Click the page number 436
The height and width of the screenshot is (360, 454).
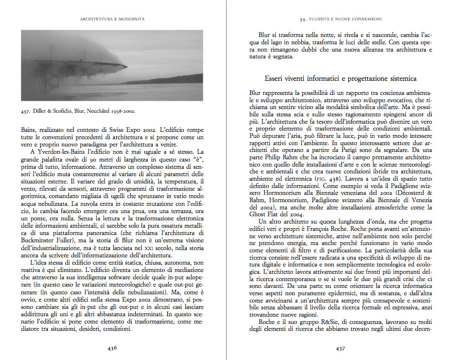pos(112,348)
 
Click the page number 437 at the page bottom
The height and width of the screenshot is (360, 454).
pos(340,348)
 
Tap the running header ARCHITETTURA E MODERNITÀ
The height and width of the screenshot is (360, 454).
pos(112,19)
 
